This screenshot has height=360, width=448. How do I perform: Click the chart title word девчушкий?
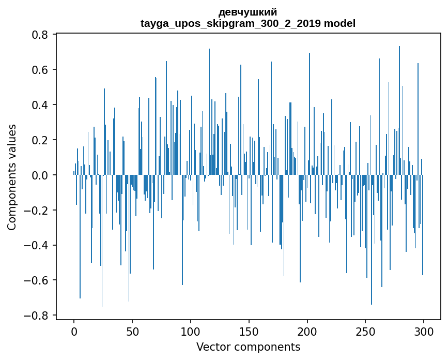(248, 12)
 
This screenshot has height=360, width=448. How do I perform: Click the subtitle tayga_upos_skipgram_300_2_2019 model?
(248, 23)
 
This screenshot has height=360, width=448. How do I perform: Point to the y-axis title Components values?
(12, 177)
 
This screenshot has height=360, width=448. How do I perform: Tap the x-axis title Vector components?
(248, 347)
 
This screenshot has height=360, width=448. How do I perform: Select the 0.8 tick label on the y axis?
(40, 35)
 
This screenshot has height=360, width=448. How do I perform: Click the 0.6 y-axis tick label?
(40, 70)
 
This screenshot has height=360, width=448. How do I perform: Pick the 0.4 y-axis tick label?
(40, 105)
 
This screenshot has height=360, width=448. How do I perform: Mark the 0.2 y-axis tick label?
(40, 140)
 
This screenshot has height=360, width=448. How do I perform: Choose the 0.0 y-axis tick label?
(40, 175)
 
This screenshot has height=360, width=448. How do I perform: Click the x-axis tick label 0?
(74, 331)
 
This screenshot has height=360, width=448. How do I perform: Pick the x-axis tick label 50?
(132, 331)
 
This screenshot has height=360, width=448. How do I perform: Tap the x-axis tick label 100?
(191, 331)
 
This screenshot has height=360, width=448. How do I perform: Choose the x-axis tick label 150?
(249, 331)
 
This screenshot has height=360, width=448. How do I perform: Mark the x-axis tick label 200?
(307, 331)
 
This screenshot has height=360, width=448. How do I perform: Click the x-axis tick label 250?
(365, 331)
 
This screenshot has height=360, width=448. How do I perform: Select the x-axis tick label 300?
(424, 331)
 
